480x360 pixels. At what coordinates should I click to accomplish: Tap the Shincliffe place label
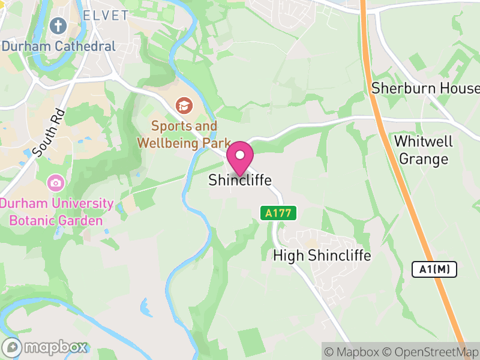click(x=240, y=180)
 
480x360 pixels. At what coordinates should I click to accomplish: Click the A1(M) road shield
click(x=435, y=269)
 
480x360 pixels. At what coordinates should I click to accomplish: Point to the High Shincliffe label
click(x=322, y=256)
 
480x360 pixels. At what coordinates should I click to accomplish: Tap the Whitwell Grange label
click(x=424, y=150)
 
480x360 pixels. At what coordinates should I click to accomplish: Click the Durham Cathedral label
click(x=58, y=46)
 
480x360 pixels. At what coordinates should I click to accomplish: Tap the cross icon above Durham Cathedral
click(x=58, y=25)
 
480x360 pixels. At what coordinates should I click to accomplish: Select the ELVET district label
click(x=106, y=15)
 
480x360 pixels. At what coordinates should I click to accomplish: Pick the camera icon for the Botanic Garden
click(x=56, y=182)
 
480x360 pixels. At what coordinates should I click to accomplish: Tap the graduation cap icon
click(x=184, y=106)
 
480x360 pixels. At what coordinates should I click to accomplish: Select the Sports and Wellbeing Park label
click(x=184, y=134)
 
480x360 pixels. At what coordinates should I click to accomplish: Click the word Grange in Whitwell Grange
click(x=424, y=159)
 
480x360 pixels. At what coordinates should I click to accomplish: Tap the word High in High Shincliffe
click(x=286, y=256)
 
